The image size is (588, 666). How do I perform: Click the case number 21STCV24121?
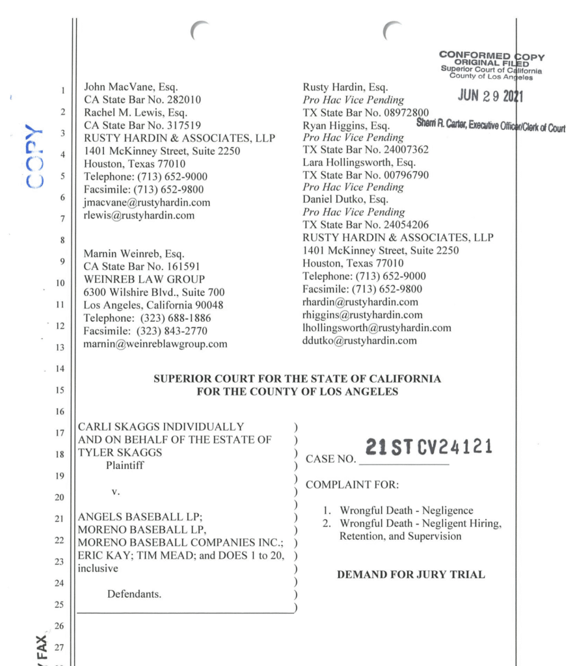[428, 447]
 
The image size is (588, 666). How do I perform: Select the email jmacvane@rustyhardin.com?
[147, 203]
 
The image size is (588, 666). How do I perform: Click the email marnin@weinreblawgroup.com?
[156, 344]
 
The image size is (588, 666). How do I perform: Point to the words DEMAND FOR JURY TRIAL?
[411, 575]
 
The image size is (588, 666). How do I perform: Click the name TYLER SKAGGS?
[114, 453]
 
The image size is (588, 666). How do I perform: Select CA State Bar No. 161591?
[142, 265]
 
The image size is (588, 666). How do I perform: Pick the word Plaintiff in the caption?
[127, 466]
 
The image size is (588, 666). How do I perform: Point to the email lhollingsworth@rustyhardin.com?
[377, 328]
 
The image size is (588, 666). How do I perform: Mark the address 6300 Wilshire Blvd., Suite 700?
[155, 292]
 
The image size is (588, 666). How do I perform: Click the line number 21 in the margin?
[60, 518]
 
